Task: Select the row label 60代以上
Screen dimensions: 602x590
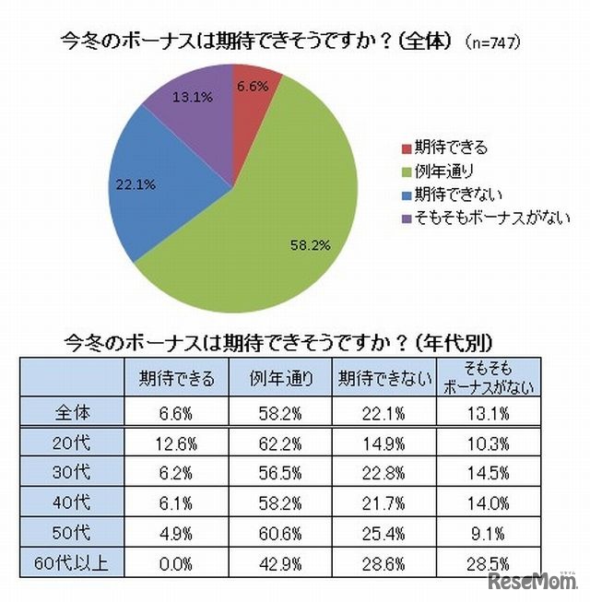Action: pos(72,562)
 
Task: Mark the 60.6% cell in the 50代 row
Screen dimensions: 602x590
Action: pos(278,532)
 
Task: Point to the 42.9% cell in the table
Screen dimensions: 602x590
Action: pos(278,562)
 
